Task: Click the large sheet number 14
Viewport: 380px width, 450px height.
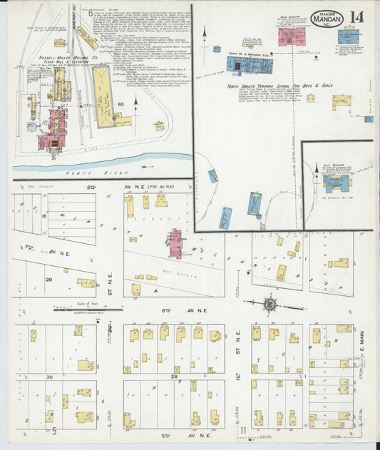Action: pos(356,18)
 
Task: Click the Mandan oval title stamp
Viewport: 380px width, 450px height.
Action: pos(327,19)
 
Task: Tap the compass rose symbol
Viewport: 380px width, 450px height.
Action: pos(270,305)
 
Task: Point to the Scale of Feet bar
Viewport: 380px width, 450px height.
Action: pos(81,310)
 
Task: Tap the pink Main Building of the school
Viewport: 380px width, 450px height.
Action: pos(289,36)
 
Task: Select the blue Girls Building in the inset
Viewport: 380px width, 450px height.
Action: pos(335,183)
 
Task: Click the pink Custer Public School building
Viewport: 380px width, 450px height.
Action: pos(173,245)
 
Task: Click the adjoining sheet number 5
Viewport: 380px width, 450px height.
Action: pos(54,431)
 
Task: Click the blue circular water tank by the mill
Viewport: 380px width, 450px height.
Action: pos(32,128)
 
